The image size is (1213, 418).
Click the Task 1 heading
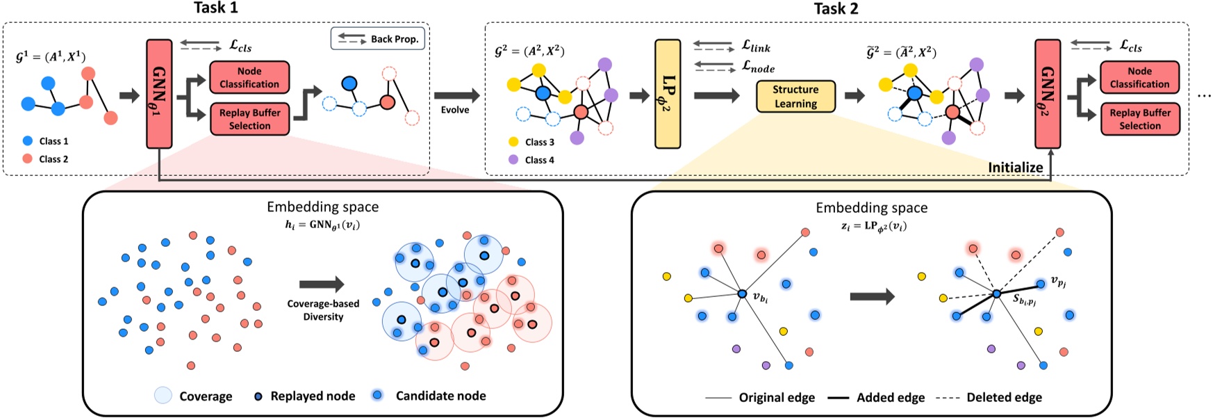click(215, 8)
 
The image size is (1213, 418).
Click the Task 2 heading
click(836, 8)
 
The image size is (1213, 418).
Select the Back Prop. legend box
click(377, 39)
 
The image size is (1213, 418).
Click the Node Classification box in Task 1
click(249, 78)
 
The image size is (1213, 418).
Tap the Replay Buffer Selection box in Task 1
click(249, 119)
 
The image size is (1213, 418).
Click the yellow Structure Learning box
click(795, 97)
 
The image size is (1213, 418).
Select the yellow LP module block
click(668, 94)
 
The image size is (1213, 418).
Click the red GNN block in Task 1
click(159, 94)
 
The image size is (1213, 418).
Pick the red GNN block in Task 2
click(1048, 94)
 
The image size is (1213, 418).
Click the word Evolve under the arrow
click(455, 110)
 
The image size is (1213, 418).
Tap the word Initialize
click(1015, 168)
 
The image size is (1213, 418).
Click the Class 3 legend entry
click(539, 142)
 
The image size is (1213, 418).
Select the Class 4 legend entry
click(539, 160)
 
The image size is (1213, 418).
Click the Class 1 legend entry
click(53, 141)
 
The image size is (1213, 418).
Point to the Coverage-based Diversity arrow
click(322, 284)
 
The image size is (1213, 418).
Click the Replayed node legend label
click(313, 396)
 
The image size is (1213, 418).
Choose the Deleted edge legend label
click(1004, 397)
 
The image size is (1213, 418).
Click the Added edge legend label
click(890, 397)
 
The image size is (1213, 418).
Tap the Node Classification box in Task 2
click(1139, 78)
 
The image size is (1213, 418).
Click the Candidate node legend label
click(440, 396)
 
